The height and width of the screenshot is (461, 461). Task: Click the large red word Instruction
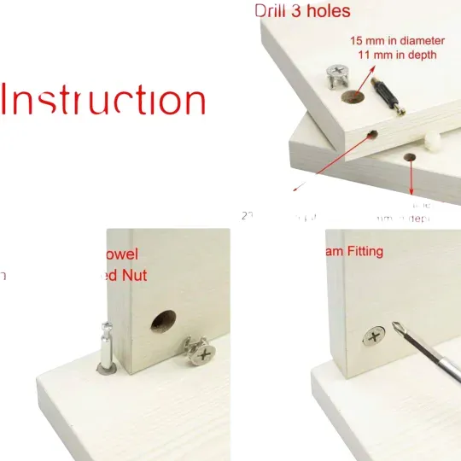click(103, 100)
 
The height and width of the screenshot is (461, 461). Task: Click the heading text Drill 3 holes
click(302, 11)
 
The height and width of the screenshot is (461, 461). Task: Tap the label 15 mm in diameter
click(397, 40)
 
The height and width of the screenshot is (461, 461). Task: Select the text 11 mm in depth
click(397, 55)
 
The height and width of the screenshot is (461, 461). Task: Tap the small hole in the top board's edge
click(374, 134)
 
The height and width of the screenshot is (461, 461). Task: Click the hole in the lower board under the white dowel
click(411, 158)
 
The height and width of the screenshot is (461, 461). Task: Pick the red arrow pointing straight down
click(413, 179)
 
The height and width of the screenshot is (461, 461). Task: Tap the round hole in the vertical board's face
click(162, 321)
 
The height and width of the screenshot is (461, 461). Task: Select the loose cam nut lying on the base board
click(199, 351)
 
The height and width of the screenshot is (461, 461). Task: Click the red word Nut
click(133, 275)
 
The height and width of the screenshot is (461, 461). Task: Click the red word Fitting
click(363, 252)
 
